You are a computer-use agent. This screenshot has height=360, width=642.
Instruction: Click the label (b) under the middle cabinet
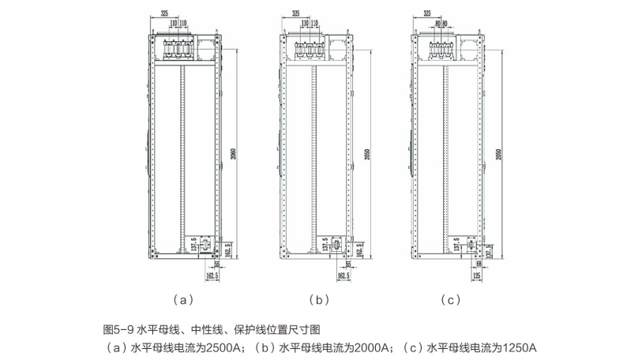pyautogui.click(x=317, y=300)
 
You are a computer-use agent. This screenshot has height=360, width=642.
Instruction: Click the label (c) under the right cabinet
pyautogui.click(x=451, y=300)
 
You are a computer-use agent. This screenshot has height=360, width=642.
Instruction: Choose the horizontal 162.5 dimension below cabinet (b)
pyautogui.click(x=343, y=277)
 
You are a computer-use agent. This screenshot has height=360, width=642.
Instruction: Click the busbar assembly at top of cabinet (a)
pyautogui.click(x=182, y=51)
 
